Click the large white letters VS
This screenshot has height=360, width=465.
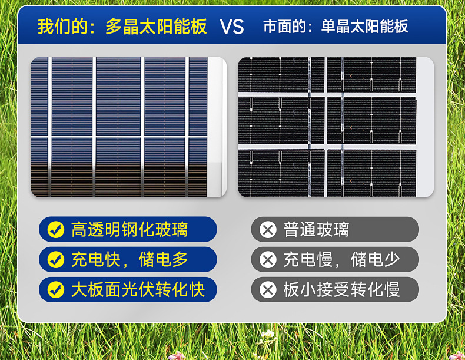(x=232, y=27)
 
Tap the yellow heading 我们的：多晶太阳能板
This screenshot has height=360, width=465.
(x=122, y=27)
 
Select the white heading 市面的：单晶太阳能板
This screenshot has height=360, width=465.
(x=336, y=26)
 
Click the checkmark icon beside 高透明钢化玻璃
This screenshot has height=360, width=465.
(x=56, y=229)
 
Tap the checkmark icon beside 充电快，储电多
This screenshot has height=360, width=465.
(x=56, y=259)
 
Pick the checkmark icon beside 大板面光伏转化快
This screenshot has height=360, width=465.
(x=56, y=289)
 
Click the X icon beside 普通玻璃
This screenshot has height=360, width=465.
(x=268, y=229)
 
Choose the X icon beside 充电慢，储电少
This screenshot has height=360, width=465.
(x=268, y=260)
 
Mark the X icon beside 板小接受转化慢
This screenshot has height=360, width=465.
(x=268, y=290)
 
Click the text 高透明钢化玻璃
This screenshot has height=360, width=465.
(x=129, y=229)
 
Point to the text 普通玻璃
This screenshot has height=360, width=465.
(x=316, y=229)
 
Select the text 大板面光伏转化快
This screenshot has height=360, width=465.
(x=138, y=289)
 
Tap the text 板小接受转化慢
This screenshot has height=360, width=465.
(x=341, y=290)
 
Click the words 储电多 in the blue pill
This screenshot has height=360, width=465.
(x=163, y=259)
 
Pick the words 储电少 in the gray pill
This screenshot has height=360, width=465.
(x=375, y=260)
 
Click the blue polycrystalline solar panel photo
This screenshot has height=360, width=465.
(x=128, y=127)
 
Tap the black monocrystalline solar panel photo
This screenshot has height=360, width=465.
(x=336, y=127)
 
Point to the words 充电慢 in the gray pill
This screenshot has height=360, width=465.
(x=308, y=260)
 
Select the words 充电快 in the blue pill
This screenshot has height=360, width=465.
(x=96, y=259)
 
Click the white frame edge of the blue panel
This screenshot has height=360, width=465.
(x=217, y=127)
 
